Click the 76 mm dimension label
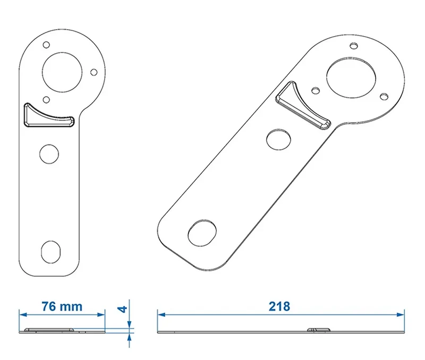[62, 306]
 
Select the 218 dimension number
[279, 306]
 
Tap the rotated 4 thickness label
[123, 309]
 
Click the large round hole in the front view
[62, 72]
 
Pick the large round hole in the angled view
[351, 78]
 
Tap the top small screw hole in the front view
[46, 45]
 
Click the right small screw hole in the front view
[94, 72]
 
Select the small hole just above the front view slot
[46, 100]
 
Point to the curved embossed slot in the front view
[49, 115]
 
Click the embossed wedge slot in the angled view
[302, 106]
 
